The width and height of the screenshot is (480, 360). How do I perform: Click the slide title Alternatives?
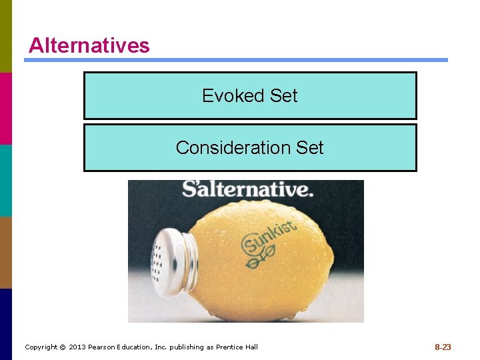(89, 45)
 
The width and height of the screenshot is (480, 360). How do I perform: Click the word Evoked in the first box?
(224, 96)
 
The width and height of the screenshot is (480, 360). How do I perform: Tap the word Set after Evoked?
(283, 96)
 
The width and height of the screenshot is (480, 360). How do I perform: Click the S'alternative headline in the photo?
(247, 189)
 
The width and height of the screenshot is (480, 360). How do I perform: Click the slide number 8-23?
(443, 347)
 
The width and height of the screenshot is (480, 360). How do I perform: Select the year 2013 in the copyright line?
(78, 347)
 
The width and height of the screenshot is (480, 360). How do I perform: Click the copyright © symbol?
(62, 347)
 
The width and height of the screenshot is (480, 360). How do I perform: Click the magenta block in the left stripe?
(6, 108)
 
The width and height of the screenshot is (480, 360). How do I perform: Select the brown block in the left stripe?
(6, 252)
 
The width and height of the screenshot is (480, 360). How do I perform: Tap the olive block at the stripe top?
(6, 36)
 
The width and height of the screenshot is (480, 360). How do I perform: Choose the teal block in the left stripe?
(6, 180)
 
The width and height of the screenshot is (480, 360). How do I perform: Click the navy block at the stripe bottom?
(6, 324)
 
